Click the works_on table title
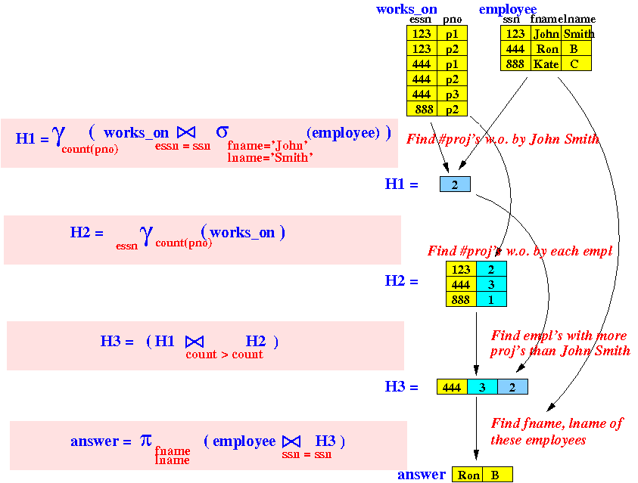406,9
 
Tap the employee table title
508,9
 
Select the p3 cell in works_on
452,94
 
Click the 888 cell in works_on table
422,110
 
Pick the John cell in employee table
546,34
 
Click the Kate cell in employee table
546,63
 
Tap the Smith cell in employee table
576,34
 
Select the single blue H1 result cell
455,184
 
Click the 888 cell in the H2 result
461,299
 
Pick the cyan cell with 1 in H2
491,299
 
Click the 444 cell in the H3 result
452,387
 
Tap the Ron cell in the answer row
467,475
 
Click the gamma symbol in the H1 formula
58,135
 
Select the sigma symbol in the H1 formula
223,132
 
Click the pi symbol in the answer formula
145,440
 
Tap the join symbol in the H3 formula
195,342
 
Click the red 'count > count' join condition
224,355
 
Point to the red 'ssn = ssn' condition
307,454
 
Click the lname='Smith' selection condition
269,157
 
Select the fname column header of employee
544,19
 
